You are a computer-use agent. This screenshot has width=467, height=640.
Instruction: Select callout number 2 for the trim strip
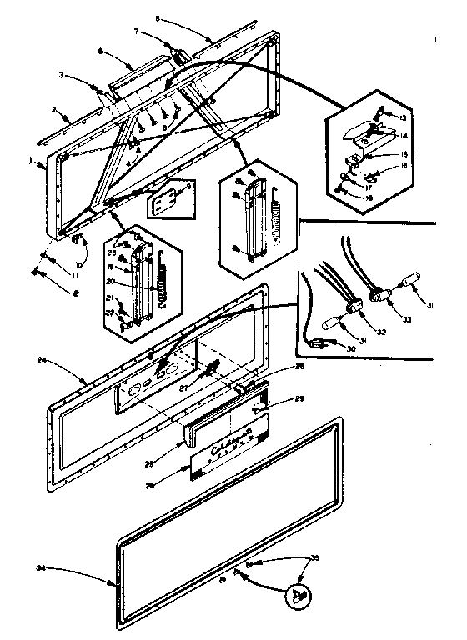click(54, 109)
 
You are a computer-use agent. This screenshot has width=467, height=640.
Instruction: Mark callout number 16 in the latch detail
click(404, 167)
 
